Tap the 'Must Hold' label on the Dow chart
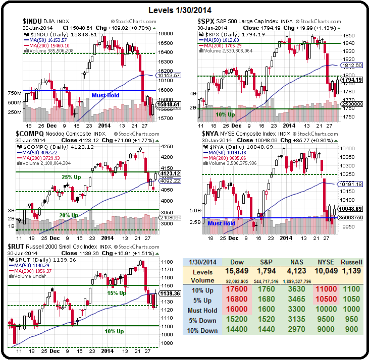point(105,95)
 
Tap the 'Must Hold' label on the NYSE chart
point(222,223)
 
